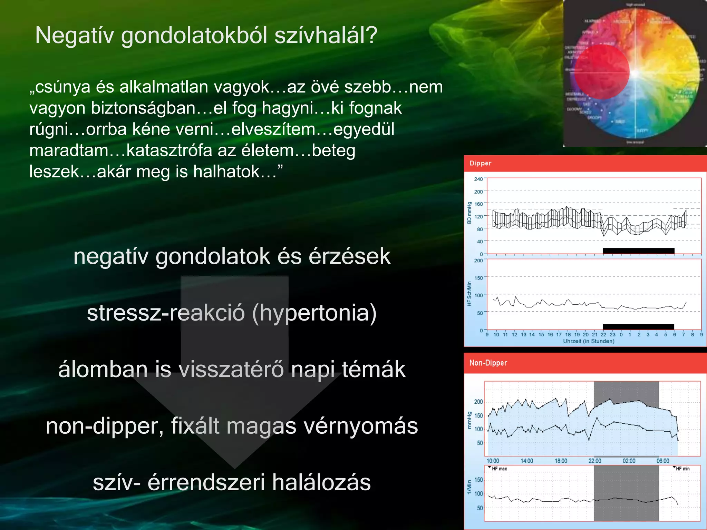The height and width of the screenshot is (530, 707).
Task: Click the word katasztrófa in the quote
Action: pyautogui.click(x=170, y=151)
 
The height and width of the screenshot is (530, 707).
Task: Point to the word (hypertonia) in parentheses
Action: pyautogui.click(x=314, y=313)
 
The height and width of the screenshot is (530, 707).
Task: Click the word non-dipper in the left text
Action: pyautogui.click(x=105, y=426)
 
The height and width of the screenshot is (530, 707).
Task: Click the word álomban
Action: pyautogui.click(x=103, y=369)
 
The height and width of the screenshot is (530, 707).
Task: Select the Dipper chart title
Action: pyautogui.click(x=480, y=163)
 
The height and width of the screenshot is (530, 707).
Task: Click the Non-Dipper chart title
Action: pyautogui.click(x=488, y=363)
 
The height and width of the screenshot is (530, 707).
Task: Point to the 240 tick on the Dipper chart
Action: pyautogui.click(x=478, y=179)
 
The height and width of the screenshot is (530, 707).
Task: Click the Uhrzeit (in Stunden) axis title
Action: pyautogui.click(x=589, y=341)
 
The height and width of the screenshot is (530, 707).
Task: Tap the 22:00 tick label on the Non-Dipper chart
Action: pyautogui.click(x=595, y=461)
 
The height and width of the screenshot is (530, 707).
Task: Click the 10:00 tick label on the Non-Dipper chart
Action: pyautogui.click(x=493, y=461)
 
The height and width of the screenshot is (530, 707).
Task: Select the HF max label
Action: pyautogui.click(x=499, y=469)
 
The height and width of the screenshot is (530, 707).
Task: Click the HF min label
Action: pyautogui.click(x=682, y=469)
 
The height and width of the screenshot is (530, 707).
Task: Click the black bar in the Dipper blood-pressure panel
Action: pyautogui.click(x=638, y=251)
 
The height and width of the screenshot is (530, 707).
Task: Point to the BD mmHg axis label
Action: pyautogui.click(x=469, y=213)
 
